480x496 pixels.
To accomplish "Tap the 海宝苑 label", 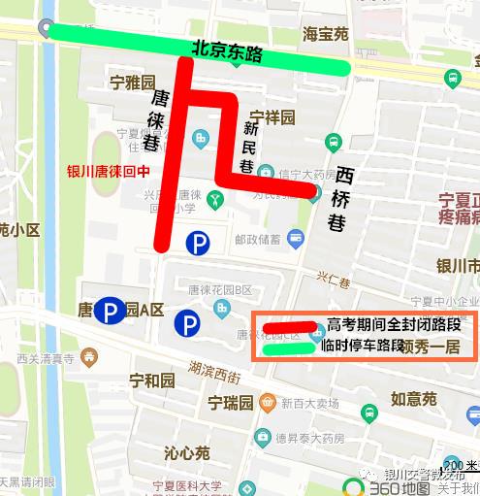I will tap(325, 33).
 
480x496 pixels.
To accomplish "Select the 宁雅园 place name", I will tap(133, 82).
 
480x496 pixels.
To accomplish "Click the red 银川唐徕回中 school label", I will tap(109, 171).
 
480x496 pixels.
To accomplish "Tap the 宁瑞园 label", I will tap(233, 402).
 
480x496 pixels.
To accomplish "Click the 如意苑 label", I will tap(413, 398).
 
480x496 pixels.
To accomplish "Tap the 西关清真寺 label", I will tap(46, 358).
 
